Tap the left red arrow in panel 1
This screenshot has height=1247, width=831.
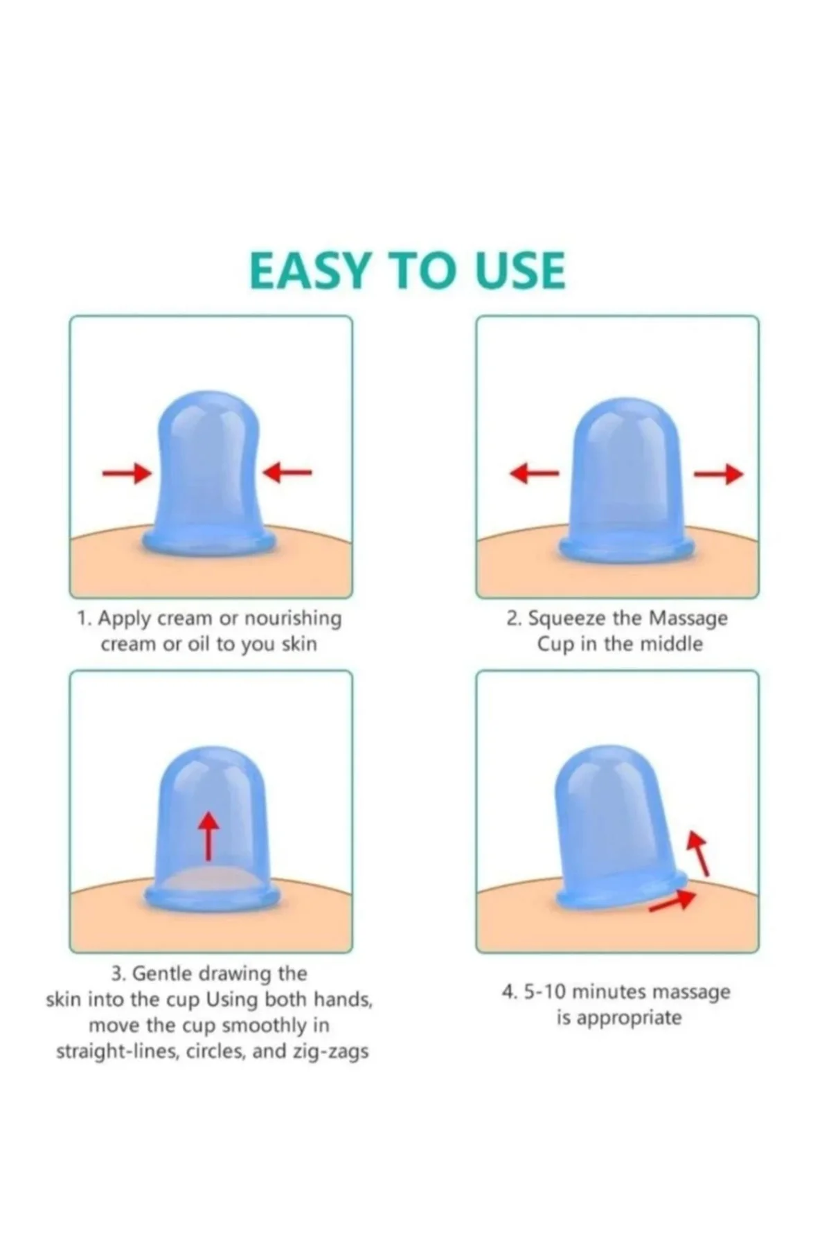coord(127,473)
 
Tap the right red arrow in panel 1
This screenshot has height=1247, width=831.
coord(287,472)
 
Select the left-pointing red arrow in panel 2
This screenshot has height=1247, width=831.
coord(533,474)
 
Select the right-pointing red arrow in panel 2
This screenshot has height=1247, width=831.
coord(719,474)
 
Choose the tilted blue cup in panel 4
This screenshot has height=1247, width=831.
coord(622,828)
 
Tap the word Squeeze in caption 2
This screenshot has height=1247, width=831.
coord(562,618)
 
